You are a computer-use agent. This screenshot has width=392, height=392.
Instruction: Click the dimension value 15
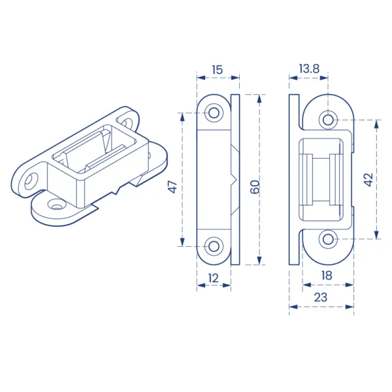tap(217, 70)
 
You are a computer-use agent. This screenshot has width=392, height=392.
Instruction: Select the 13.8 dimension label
tap(309, 69)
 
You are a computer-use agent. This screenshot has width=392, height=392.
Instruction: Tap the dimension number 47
tap(173, 187)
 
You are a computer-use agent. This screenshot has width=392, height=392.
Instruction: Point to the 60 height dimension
tap(255, 187)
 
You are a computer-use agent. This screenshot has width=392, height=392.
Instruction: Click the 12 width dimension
tap(213, 278)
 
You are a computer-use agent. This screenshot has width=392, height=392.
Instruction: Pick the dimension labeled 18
tap(327, 276)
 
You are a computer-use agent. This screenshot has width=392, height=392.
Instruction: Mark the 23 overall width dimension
tap(321, 297)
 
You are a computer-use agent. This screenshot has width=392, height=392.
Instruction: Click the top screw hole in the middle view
tap(214, 113)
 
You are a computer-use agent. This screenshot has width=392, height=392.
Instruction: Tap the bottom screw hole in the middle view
tap(214, 246)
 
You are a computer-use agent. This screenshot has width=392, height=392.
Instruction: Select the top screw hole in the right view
tap(328, 120)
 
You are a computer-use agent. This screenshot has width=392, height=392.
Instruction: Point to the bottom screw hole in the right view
tap(328, 239)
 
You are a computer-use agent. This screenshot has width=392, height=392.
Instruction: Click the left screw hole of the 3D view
tap(31, 180)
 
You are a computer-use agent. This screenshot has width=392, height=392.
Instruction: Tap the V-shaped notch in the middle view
tap(235, 180)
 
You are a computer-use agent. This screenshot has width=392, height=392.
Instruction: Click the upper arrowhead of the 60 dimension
tap(259, 99)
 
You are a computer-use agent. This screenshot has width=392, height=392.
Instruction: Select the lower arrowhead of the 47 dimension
tap(182, 242)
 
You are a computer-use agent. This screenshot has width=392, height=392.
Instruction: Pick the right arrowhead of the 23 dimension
tap(350, 307)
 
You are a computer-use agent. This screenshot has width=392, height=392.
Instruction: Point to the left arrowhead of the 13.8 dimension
tap(293, 78)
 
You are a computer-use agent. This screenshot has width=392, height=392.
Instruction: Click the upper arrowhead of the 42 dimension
tap(376, 124)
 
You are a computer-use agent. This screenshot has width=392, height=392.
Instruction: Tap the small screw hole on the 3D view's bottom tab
tap(56, 206)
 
